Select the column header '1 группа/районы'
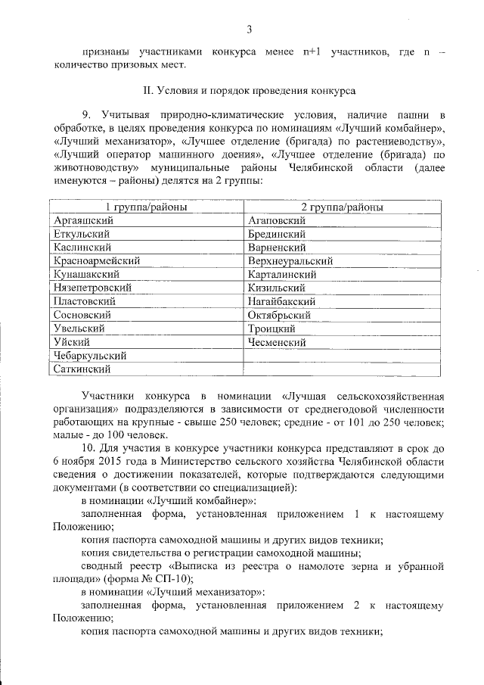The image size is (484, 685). pos(146,207)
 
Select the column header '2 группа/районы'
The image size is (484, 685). pos(342,207)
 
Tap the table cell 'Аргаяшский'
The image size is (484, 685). pos(79,220)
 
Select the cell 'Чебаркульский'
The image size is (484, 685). pos(90,356)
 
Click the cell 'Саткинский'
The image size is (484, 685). pos(82,369)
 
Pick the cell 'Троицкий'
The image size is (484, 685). pos(271,328)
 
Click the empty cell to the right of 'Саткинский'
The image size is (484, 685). pos(342,369)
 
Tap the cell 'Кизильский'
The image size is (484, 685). pos(276,288)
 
